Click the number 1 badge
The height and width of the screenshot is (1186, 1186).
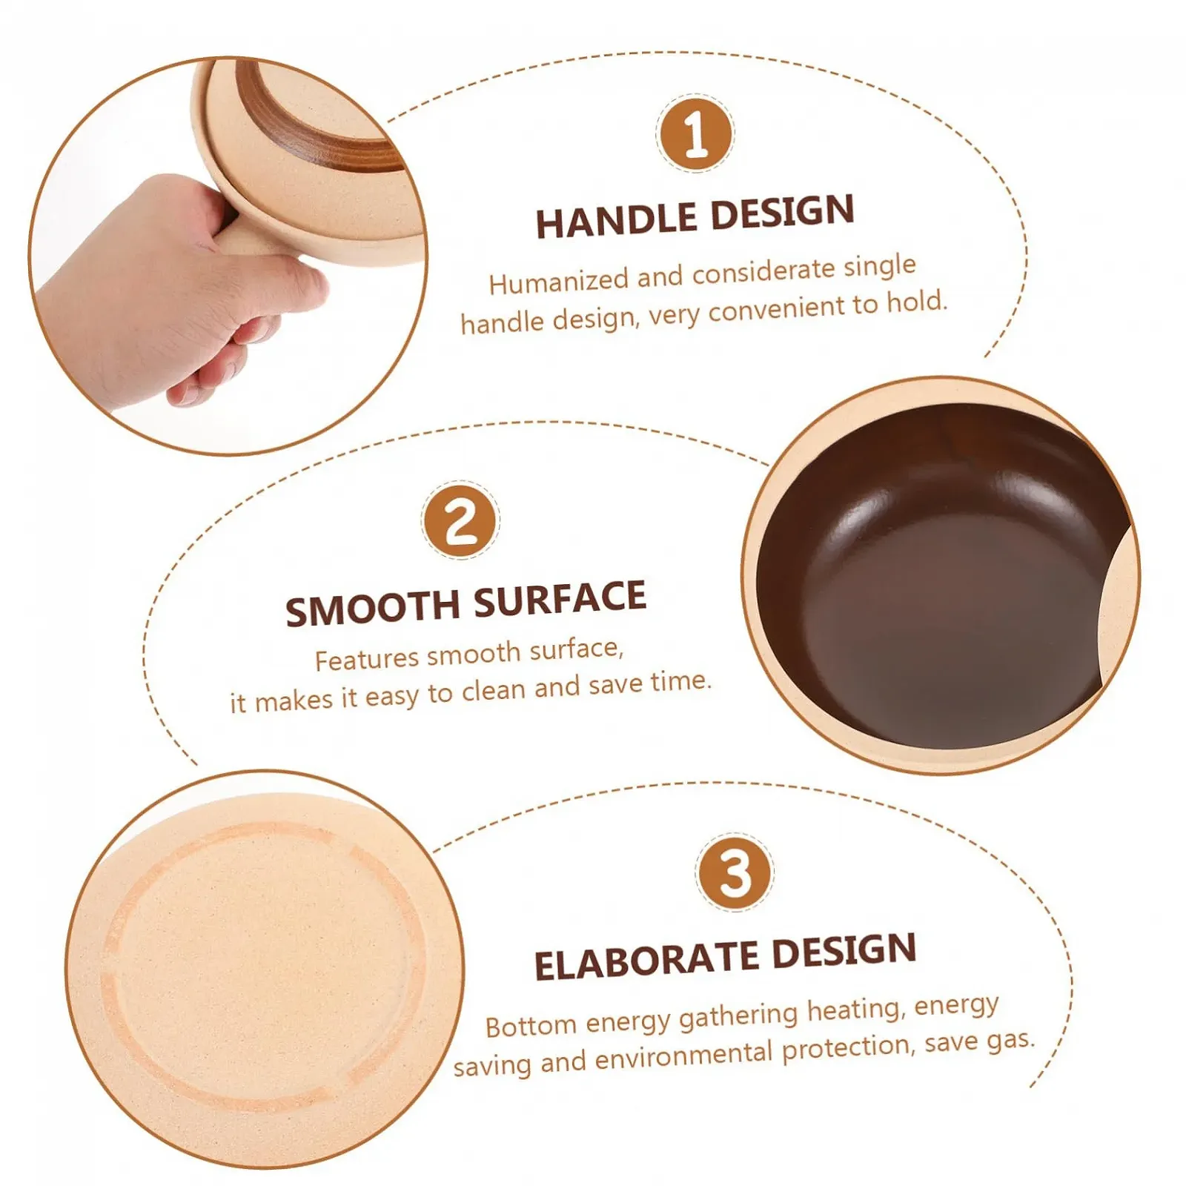(x=695, y=133)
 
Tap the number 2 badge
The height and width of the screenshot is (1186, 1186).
(x=460, y=520)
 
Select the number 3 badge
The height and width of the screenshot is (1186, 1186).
(x=734, y=872)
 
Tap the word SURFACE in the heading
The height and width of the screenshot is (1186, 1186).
(x=560, y=599)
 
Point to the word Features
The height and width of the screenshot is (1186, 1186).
(x=367, y=659)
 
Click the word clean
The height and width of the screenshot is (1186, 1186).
(x=493, y=691)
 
